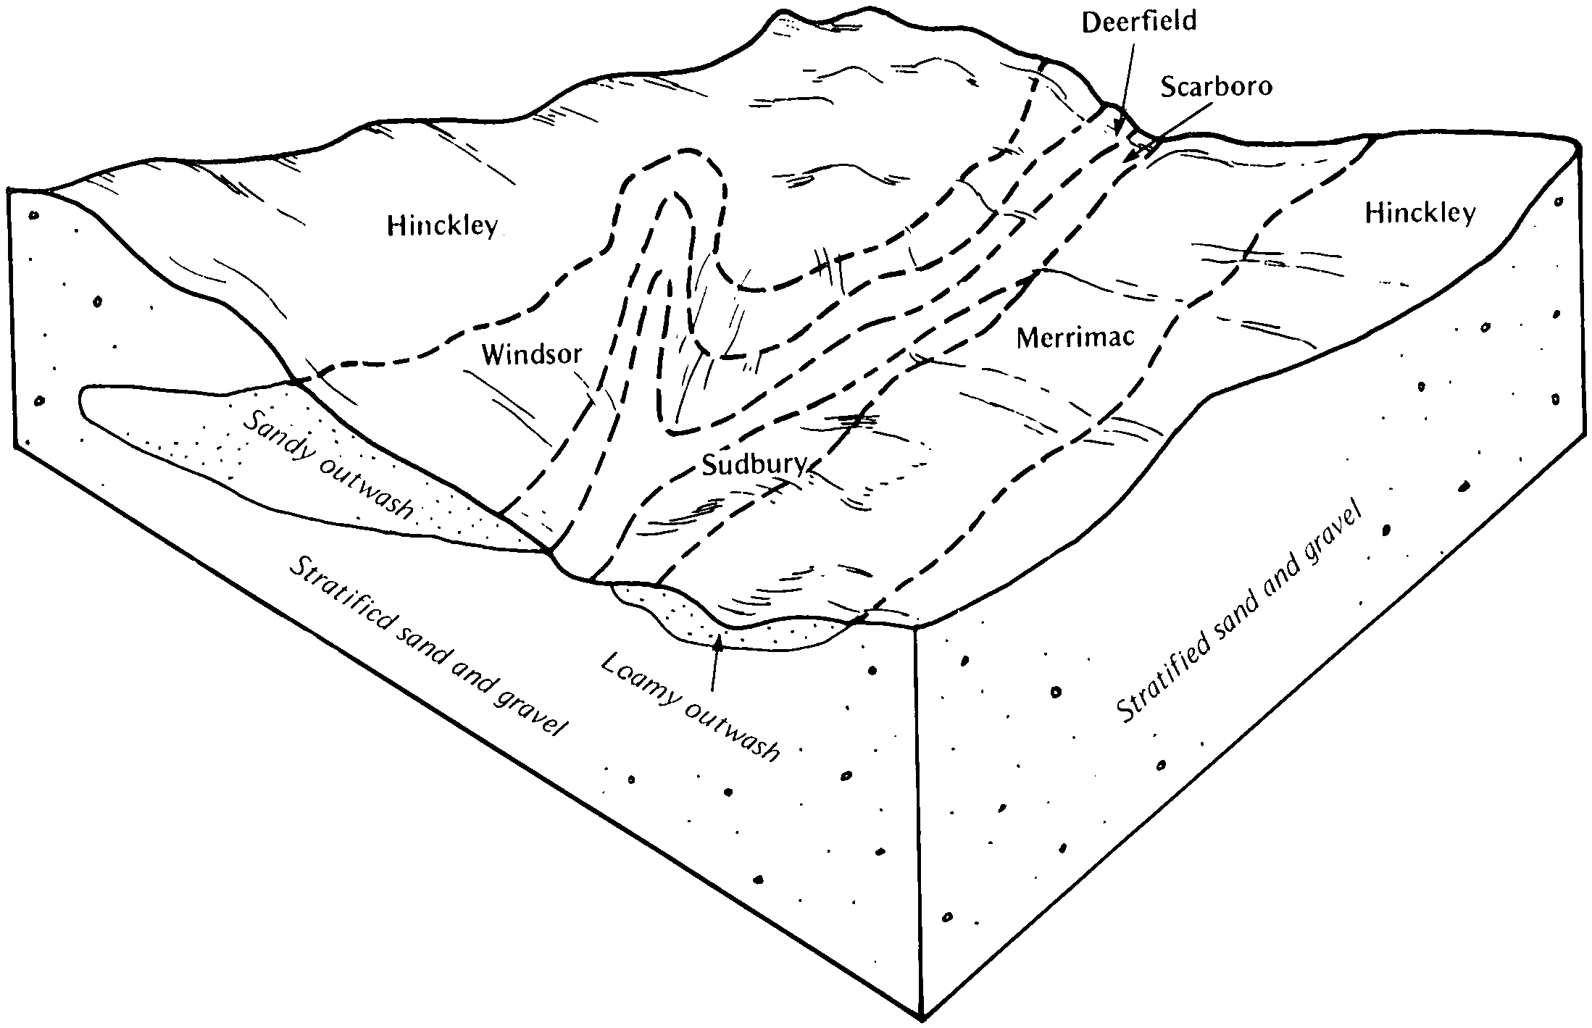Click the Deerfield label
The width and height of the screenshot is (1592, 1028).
click(1138, 22)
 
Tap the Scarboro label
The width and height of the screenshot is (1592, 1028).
click(1216, 86)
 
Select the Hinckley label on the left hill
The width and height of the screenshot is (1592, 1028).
click(443, 225)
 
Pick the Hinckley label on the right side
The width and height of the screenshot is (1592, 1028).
click(1420, 212)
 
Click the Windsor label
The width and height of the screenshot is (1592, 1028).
click(532, 354)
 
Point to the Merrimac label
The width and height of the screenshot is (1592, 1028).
click(1075, 337)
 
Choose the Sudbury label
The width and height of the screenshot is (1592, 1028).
click(754, 464)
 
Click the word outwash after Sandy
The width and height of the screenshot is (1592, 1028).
click(366, 488)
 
